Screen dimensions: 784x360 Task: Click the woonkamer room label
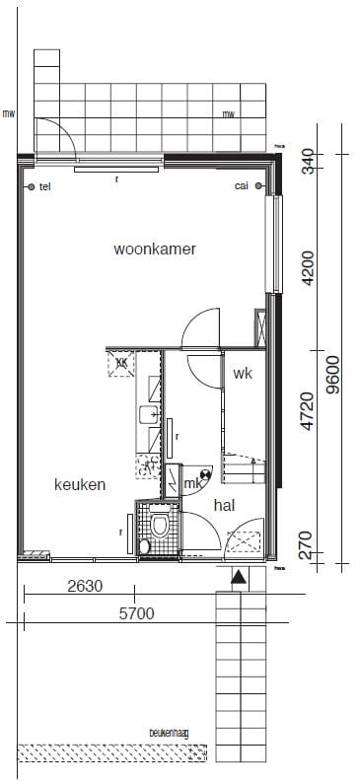pyautogui.click(x=155, y=249)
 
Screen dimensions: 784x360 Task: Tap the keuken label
pyautogui.click(x=80, y=484)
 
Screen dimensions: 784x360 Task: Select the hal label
pyautogui.click(x=224, y=504)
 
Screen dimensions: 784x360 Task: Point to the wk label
pyautogui.click(x=244, y=374)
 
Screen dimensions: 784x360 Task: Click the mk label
pyautogui.click(x=193, y=483)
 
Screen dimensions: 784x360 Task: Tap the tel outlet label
pyautogui.click(x=44, y=186)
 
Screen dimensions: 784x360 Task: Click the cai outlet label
pyautogui.click(x=242, y=186)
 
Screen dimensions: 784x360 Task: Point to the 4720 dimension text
pyautogui.click(x=308, y=412)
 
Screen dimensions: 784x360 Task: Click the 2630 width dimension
pyautogui.click(x=85, y=586)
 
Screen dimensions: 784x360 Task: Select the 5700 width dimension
pyautogui.click(x=136, y=612)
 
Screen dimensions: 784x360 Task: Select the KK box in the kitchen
pyautogui.click(x=122, y=363)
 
